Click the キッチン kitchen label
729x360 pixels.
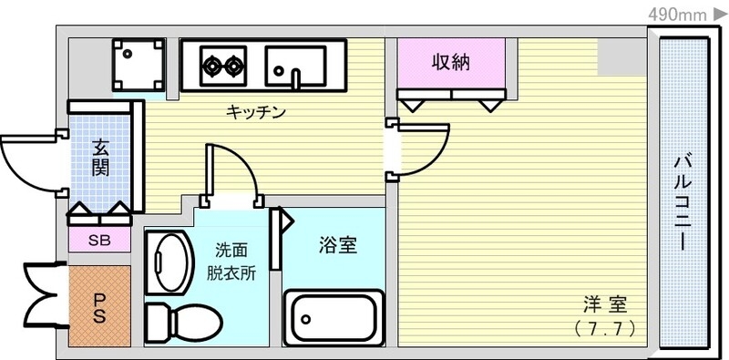click(256, 113)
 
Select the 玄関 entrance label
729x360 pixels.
click(101, 157)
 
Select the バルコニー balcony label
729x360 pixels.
click(681, 202)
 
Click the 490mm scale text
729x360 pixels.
click(679, 14)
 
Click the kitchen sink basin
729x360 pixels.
click(295, 64)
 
